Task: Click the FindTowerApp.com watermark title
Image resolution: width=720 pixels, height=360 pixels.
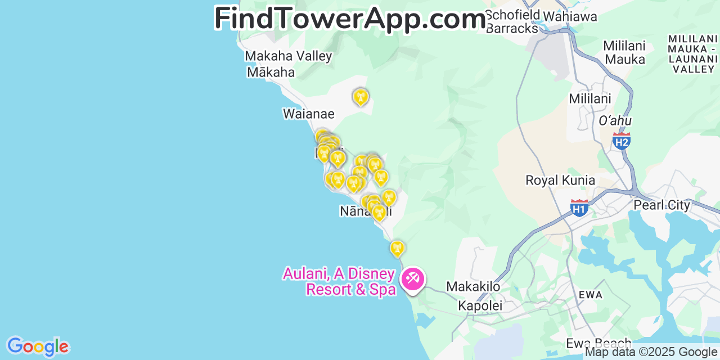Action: (x=349, y=19)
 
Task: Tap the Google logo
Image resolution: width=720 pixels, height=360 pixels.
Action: (x=38, y=346)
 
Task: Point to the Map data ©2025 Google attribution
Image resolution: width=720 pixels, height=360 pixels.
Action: (x=651, y=352)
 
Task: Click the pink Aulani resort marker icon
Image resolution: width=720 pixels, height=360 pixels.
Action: (x=412, y=278)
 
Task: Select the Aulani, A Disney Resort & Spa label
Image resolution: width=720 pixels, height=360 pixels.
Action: (x=339, y=281)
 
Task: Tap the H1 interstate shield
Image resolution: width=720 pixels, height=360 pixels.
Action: (x=579, y=208)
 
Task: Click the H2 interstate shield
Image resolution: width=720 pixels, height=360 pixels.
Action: (x=621, y=141)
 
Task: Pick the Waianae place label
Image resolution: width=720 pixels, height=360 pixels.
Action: (x=308, y=114)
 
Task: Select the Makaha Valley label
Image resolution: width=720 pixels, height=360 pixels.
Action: (x=288, y=56)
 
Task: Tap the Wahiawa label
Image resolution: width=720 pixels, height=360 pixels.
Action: (x=570, y=16)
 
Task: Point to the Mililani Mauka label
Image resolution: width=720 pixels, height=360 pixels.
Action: (x=624, y=52)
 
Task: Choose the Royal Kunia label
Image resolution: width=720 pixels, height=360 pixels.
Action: (x=560, y=181)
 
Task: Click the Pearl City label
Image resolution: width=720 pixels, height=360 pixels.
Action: (x=661, y=205)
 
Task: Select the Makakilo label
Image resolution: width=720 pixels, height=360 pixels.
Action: (x=473, y=287)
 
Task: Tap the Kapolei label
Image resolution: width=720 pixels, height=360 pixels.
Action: (x=480, y=305)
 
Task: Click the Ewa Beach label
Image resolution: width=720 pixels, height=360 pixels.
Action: (x=598, y=343)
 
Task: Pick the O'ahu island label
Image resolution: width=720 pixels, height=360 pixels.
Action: (x=615, y=121)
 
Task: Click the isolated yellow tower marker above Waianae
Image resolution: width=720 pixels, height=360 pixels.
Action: (x=360, y=97)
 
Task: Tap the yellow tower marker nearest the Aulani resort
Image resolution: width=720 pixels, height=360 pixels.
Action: (x=397, y=248)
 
